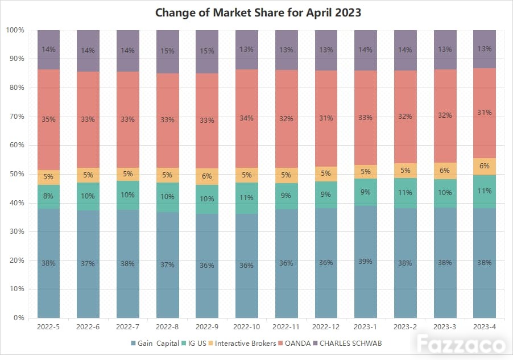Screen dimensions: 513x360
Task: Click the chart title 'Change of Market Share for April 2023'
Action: coord(258,13)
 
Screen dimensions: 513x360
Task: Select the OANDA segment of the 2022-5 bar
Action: coord(48,119)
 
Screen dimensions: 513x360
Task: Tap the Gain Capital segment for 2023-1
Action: coord(366,262)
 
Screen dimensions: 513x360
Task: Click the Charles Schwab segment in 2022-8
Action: coord(168,52)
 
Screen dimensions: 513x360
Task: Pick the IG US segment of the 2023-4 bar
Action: coord(485,192)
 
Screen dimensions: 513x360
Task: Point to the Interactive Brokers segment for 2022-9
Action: coord(207,176)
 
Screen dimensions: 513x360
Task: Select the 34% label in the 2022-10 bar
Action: coord(246,118)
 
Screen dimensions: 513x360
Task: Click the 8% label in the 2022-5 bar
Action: coord(48,196)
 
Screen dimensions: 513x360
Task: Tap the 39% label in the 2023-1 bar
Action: coord(365,262)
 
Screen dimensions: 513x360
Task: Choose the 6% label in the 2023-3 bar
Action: coord(445,171)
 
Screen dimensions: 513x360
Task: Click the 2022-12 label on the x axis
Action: coord(325,326)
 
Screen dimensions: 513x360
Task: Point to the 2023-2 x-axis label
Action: coord(405,326)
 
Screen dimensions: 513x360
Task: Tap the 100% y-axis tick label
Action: coord(15,30)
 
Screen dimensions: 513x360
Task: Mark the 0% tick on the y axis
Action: coord(19,317)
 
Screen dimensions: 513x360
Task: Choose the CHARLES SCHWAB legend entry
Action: coord(347,344)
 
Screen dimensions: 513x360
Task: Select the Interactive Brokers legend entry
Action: coord(242,344)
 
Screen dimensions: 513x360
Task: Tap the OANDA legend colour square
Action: coord(280,344)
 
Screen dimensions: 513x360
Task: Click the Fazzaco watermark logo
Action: coord(461,344)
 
